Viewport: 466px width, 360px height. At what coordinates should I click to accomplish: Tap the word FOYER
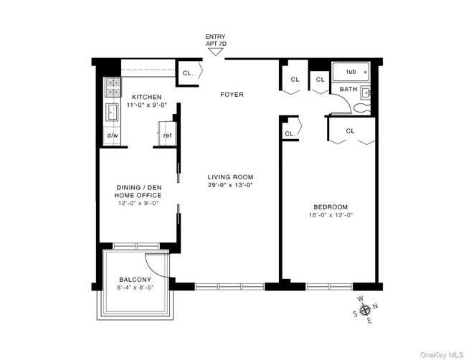232,94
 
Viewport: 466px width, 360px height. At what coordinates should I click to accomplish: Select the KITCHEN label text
146,97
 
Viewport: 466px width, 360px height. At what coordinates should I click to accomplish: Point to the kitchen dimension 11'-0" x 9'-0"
146,105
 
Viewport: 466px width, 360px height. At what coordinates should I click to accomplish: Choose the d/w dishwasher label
113,136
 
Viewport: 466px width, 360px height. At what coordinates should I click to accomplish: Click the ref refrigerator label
167,136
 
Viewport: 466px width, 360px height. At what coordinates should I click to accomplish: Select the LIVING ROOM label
231,177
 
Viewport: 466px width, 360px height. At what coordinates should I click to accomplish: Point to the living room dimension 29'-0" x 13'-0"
231,185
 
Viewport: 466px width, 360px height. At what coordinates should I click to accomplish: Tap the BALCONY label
135,280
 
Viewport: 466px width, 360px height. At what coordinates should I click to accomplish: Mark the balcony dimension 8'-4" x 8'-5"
135,288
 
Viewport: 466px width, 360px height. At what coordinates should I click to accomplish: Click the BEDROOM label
330,207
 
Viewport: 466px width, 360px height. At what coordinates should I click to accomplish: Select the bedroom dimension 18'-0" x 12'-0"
330,214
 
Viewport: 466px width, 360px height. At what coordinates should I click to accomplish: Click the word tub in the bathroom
351,72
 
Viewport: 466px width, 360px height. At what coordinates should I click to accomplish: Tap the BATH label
348,90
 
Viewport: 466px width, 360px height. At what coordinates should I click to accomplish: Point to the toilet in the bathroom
361,108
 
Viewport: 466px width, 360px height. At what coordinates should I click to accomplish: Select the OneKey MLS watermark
439,351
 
